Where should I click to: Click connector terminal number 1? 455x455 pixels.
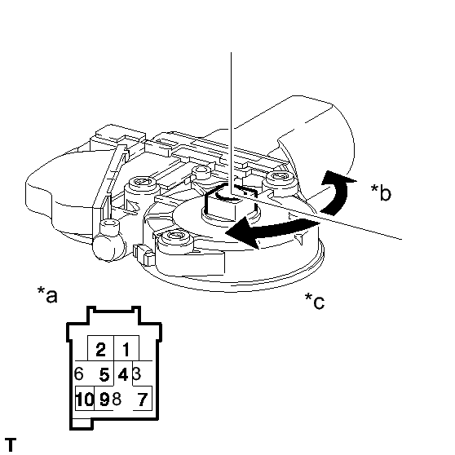[x=126, y=349]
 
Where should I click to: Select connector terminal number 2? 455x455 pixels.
[x=100, y=349]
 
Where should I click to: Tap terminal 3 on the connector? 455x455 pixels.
[x=137, y=373]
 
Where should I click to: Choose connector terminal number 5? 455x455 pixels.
[x=104, y=374]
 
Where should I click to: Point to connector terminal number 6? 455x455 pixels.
[x=78, y=373]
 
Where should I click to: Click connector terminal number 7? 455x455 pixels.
[x=142, y=399]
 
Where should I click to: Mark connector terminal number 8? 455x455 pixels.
[x=117, y=399]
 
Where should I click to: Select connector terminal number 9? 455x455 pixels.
[x=104, y=399]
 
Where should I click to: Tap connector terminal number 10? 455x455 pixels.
[x=85, y=399]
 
